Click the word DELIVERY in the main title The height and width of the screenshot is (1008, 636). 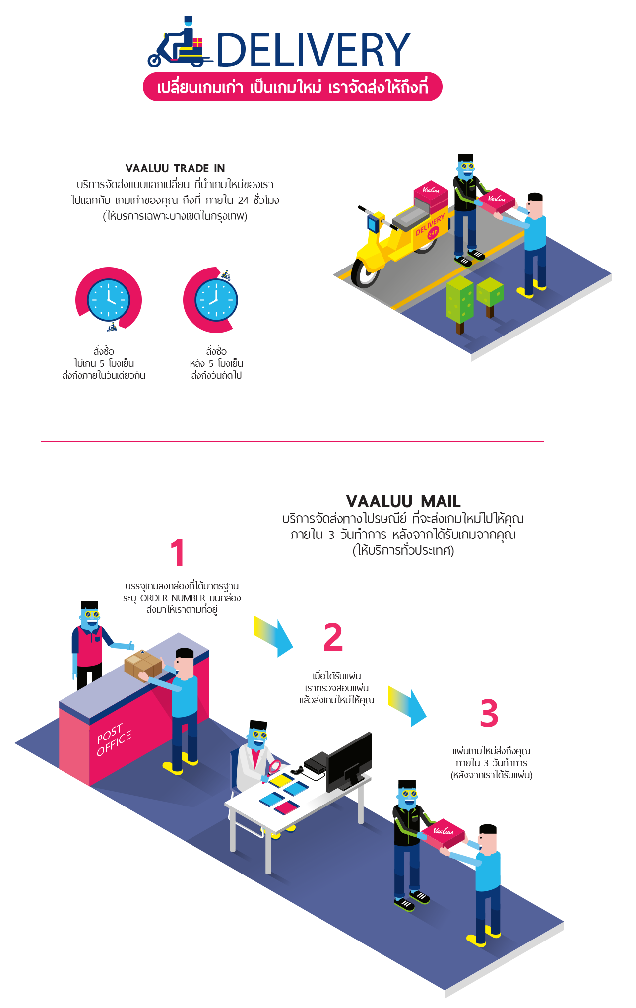pyautogui.click(x=313, y=50)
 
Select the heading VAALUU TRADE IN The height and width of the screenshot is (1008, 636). pyautogui.click(x=175, y=168)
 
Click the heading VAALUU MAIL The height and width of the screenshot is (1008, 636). pyautogui.click(x=403, y=501)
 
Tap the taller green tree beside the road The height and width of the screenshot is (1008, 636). pyautogui.click(x=460, y=300)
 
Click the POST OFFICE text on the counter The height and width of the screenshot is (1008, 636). pyautogui.click(x=114, y=740)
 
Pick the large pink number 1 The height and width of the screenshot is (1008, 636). pyautogui.click(x=177, y=552)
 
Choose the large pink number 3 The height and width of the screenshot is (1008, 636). pyautogui.click(x=489, y=713)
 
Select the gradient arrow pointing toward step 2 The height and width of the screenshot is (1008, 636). pyautogui.click(x=274, y=636)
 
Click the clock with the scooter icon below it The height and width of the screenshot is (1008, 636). pyautogui.click(x=108, y=300)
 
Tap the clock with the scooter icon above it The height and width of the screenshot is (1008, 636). pyautogui.click(x=216, y=300)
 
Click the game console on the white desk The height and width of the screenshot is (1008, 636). pyautogui.click(x=316, y=762)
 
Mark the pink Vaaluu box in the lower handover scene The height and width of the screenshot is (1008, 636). pyautogui.click(x=443, y=833)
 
